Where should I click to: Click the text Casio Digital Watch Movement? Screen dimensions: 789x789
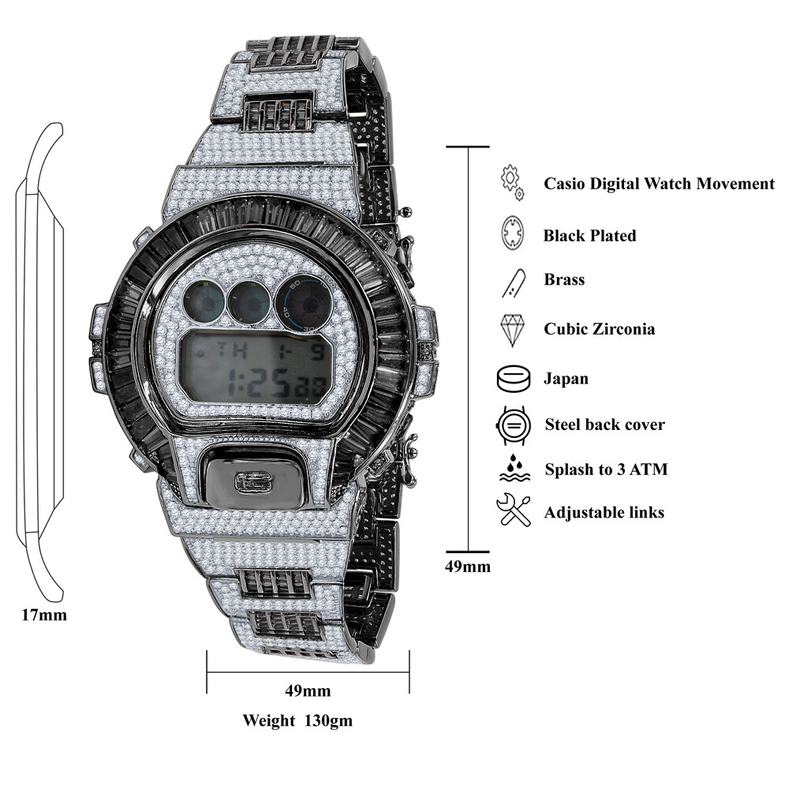(x=659, y=184)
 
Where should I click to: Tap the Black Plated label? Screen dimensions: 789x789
(x=589, y=235)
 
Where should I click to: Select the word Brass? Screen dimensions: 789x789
(x=564, y=279)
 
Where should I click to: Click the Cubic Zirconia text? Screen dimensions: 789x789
(x=599, y=329)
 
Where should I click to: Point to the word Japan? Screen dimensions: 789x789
(x=566, y=379)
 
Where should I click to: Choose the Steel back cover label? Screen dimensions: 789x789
(x=604, y=424)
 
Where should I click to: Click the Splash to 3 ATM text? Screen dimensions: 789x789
(x=606, y=469)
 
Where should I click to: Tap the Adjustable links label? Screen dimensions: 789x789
(x=604, y=513)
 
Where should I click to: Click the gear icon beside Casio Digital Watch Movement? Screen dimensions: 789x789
(x=512, y=181)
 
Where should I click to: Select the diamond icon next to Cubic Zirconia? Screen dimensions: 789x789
(x=513, y=330)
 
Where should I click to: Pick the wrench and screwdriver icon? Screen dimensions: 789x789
(x=514, y=510)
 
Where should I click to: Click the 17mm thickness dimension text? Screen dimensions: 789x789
(x=44, y=615)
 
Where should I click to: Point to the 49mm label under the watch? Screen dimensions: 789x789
(x=308, y=692)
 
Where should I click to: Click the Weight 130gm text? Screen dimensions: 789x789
(x=297, y=720)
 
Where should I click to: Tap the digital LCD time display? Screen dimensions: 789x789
(x=253, y=365)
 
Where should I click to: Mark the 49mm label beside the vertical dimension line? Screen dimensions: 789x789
(x=468, y=567)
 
